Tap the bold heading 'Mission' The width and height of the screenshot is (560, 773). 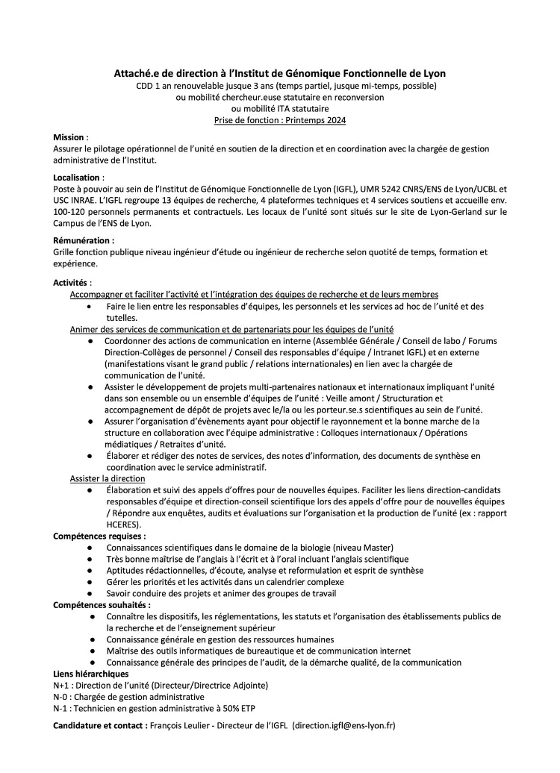(69, 138)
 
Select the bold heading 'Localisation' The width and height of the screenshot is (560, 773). (77, 178)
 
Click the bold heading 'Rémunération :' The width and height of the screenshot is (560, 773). (84, 240)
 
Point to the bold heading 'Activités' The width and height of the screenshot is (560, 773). (71, 283)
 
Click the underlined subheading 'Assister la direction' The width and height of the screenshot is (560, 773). (108, 478)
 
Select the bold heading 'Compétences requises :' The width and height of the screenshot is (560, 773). (99, 536)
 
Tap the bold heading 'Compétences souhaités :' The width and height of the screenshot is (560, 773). (102, 604)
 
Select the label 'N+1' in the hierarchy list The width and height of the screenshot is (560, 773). (62, 685)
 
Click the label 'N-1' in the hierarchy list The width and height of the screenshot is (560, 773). (61, 707)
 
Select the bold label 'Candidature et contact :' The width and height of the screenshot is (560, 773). (100, 725)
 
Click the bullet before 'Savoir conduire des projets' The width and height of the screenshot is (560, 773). (90, 593)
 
